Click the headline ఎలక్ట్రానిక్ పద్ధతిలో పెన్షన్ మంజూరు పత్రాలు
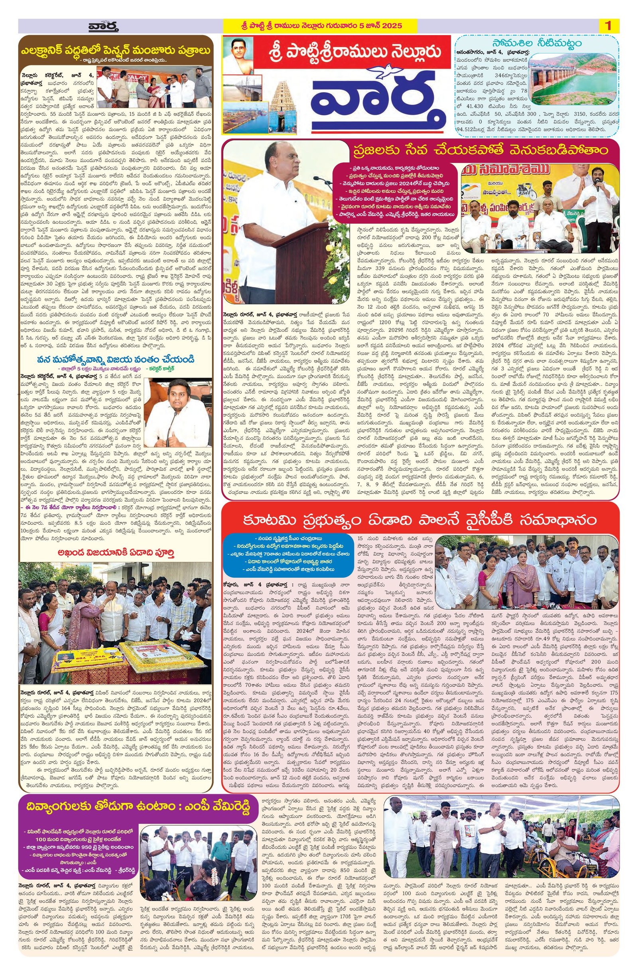(x=116, y=50)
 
